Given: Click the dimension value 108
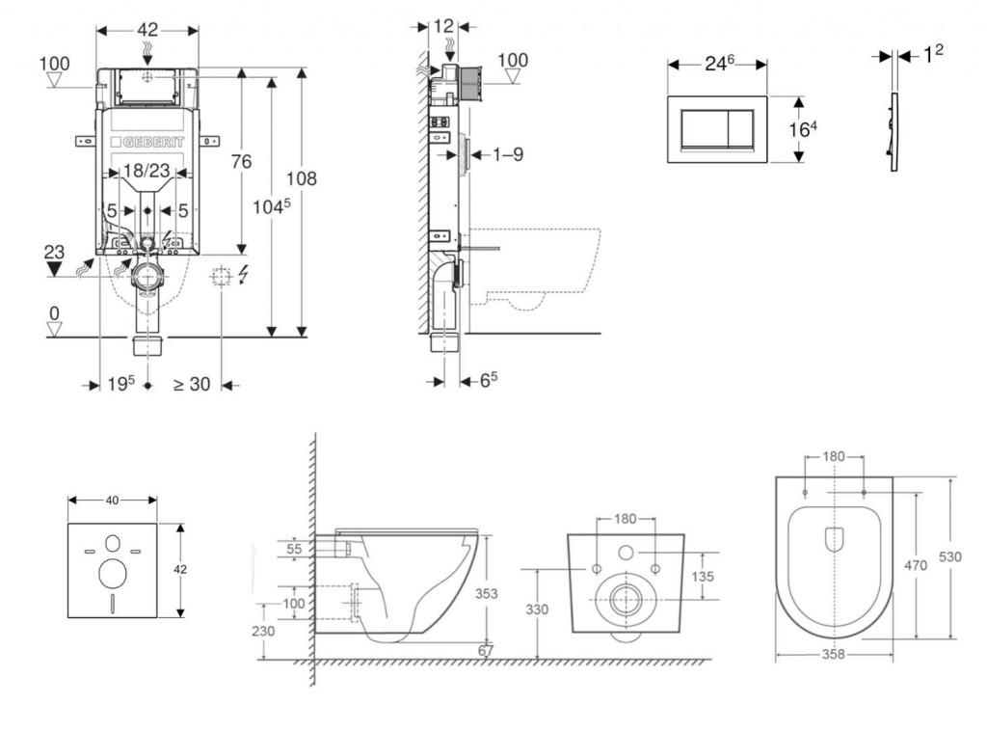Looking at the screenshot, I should (301, 178).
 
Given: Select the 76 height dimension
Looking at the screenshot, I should (240, 161).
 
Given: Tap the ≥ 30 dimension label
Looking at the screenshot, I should (191, 384).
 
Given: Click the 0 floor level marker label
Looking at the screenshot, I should (55, 312).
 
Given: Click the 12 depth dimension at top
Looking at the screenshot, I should (444, 26).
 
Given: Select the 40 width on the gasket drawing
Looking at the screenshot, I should (113, 500).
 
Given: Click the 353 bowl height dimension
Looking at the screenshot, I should (487, 594).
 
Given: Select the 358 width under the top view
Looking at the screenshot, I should (833, 654).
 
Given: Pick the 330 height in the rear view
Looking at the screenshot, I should (537, 609).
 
